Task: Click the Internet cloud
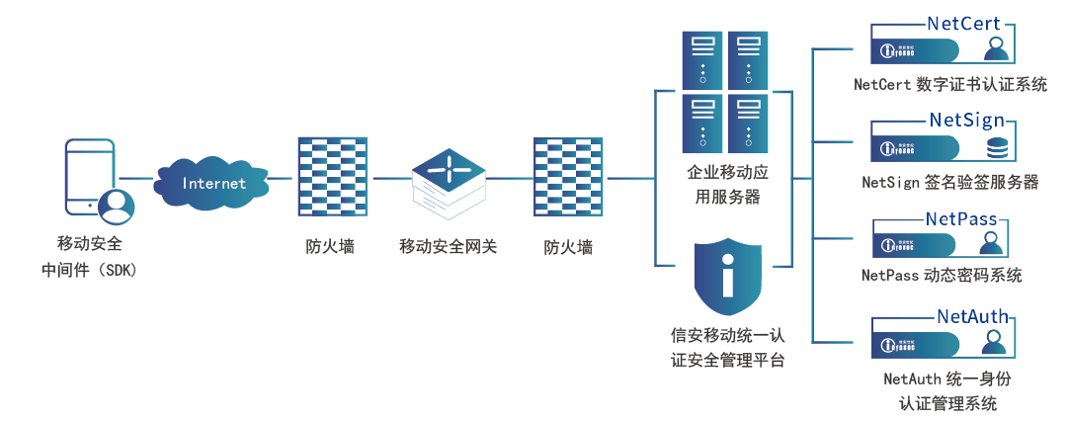point(213,183)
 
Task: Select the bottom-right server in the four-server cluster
point(751,122)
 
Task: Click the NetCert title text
point(963,23)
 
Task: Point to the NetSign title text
point(966,120)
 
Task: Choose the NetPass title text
point(960,217)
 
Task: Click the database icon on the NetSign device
point(996,148)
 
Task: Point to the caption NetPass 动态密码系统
point(941,275)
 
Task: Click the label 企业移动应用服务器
point(727,185)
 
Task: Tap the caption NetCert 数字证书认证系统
point(949,84)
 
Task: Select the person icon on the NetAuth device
point(996,344)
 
